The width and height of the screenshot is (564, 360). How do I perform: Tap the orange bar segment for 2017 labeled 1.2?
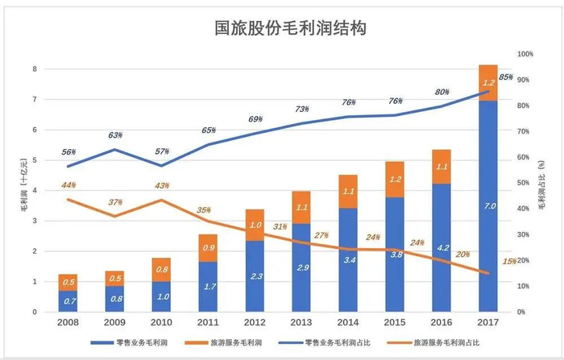tap(488, 82)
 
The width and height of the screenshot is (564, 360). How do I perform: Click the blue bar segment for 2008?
tap(68, 301)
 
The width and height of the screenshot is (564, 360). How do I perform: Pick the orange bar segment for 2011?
tap(207, 248)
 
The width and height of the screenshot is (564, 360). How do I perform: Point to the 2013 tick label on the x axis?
tap(301, 323)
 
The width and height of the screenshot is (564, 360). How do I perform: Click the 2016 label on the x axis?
tap(442, 323)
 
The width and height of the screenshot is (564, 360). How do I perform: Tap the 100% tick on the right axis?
tap(525, 54)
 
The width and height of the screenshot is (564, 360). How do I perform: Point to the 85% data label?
tap(506, 77)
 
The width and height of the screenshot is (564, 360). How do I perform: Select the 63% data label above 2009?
tap(115, 136)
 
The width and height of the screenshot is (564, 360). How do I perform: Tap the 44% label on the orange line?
tap(68, 187)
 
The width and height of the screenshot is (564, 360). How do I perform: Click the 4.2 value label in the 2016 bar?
tap(442, 248)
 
